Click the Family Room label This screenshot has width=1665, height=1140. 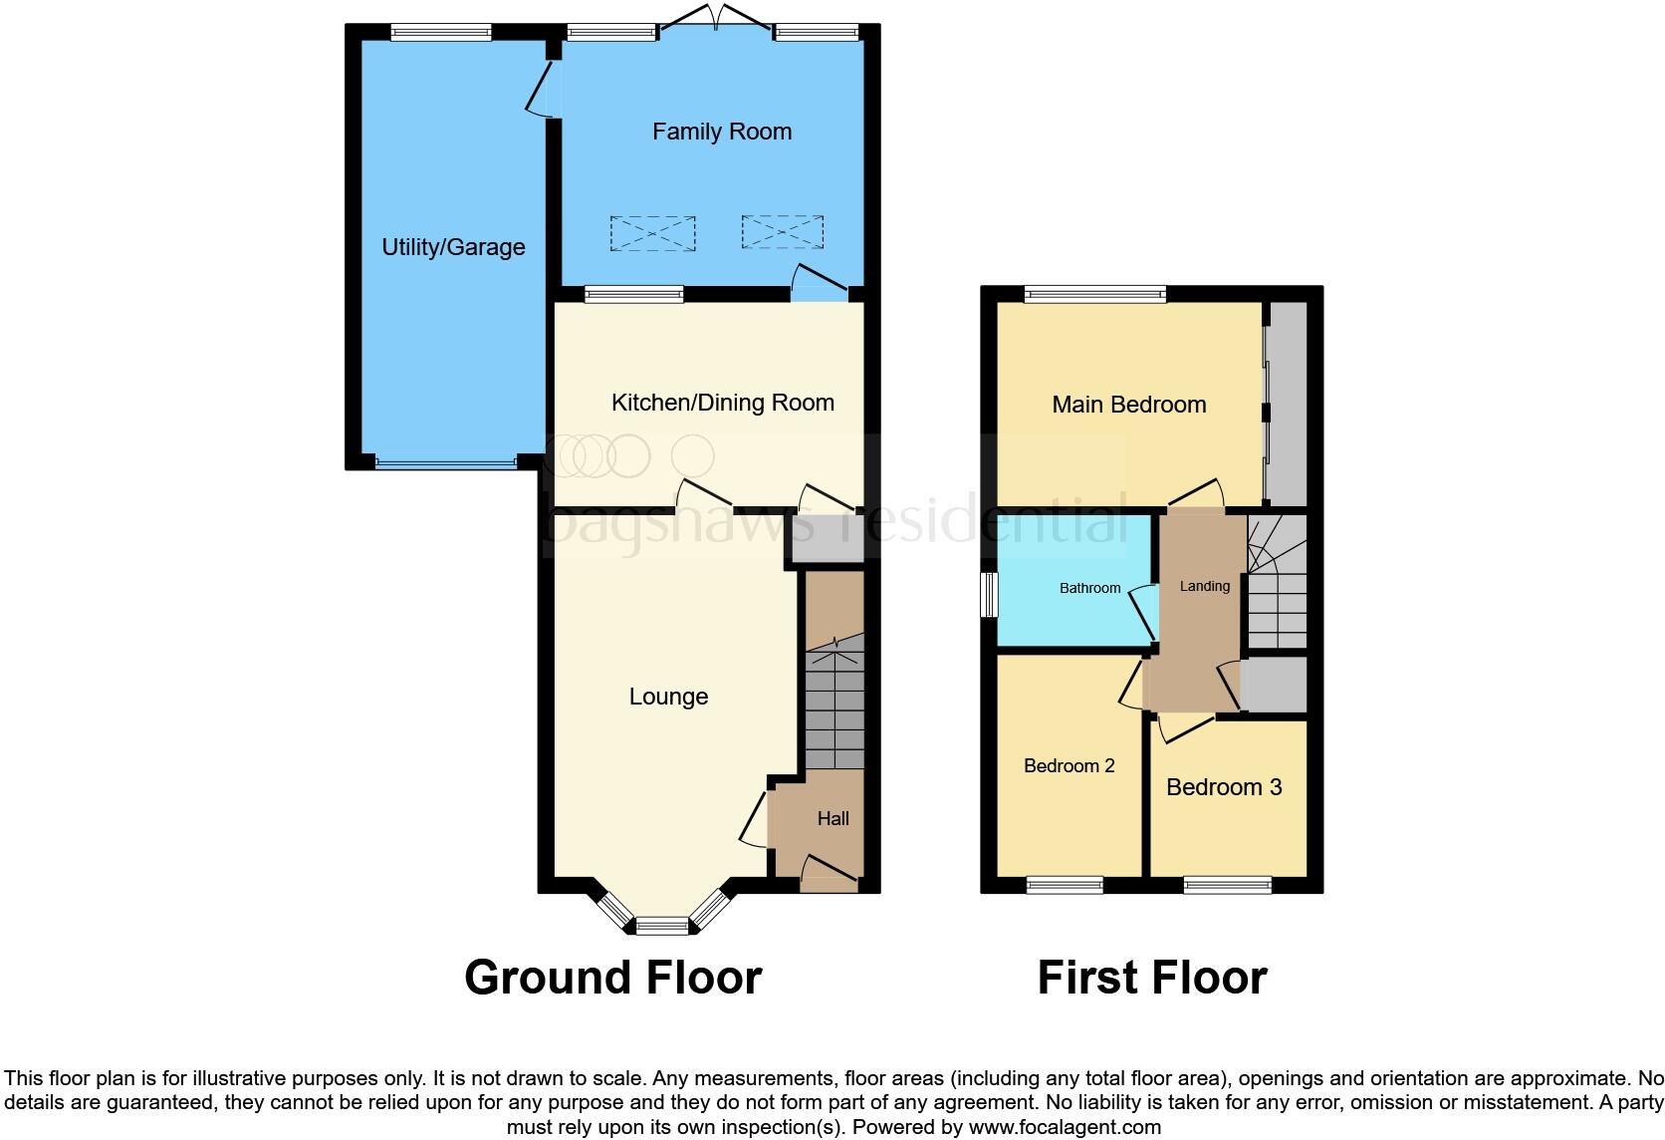(x=722, y=132)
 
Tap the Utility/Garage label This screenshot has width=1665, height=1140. (x=453, y=247)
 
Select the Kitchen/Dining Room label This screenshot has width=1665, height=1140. (x=722, y=403)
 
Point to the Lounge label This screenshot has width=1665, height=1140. (x=668, y=697)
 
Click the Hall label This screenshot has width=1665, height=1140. (x=832, y=818)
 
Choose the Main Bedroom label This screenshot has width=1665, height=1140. (x=1128, y=405)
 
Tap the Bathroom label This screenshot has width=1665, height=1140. (x=1089, y=588)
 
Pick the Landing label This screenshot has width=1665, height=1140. (x=1204, y=586)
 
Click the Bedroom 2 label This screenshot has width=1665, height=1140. (x=1069, y=765)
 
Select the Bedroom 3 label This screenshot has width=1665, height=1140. (x=1223, y=787)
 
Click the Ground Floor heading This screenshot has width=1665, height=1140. (x=612, y=978)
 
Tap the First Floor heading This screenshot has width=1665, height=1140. (x=1151, y=978)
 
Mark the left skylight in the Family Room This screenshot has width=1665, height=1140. (x=652, y=233)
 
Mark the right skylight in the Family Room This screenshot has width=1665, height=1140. (x=782, y=231)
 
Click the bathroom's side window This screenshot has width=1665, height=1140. (x=988, y=595)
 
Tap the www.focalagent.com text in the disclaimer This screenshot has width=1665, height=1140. (x=1064, y=1128)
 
